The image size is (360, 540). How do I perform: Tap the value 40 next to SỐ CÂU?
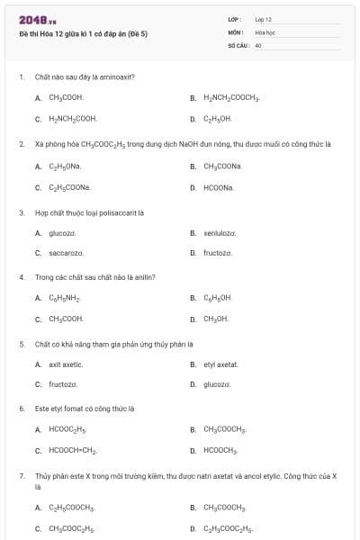click(258, 44)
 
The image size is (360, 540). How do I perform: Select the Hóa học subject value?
click(264, 31)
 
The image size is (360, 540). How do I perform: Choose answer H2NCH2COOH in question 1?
click(72, 119)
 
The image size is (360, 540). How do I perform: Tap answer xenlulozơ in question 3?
click(220, 233)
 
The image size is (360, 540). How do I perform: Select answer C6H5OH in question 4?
click(218, 298)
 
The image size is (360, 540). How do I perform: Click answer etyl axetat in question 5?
click(220, 364)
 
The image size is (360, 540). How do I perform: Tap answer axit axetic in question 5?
click(66, 364)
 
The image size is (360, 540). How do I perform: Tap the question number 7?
click(21, 474)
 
